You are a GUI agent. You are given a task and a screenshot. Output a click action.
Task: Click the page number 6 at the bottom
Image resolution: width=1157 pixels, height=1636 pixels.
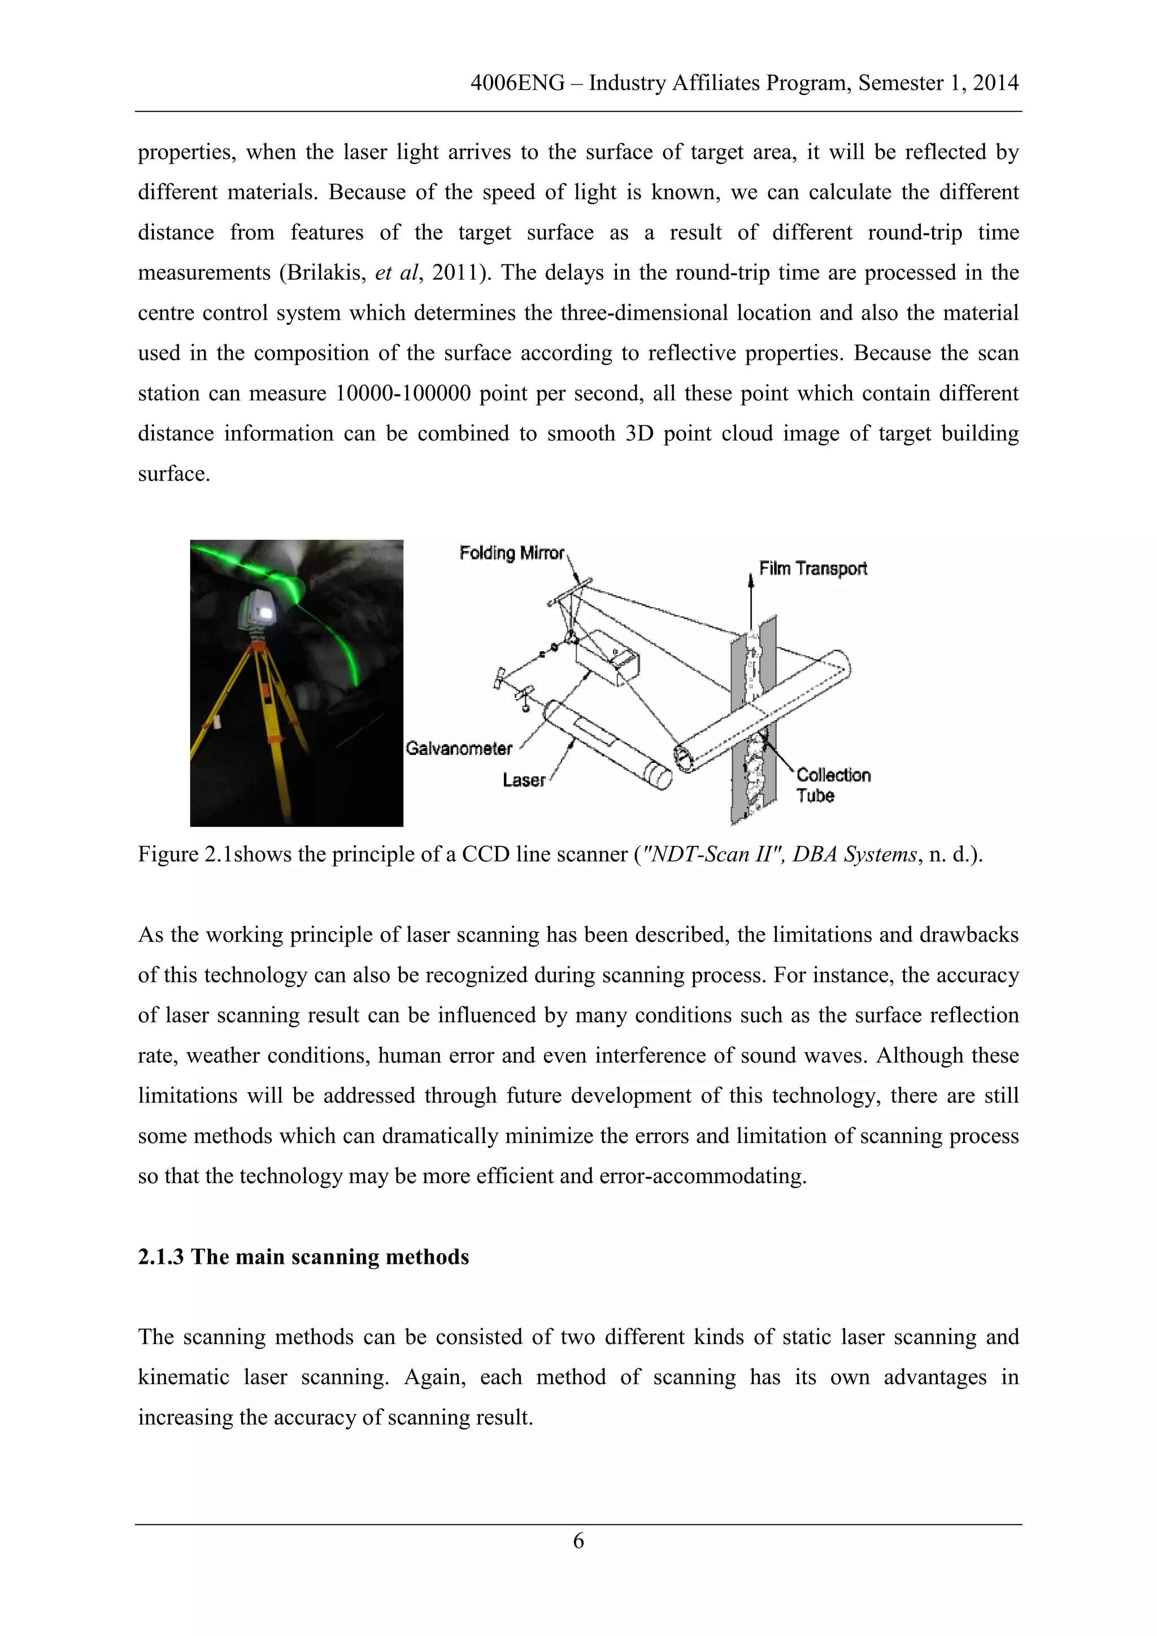click(x=578, y=1541)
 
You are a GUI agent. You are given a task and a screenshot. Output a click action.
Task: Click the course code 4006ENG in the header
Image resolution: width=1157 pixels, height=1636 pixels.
click(x=517, y=84)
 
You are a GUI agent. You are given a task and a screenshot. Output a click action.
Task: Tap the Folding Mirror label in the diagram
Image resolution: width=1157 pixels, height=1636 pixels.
click(x=511, y=553)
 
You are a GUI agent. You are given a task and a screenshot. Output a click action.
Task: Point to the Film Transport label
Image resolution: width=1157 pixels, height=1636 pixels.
click(x=813, y=569)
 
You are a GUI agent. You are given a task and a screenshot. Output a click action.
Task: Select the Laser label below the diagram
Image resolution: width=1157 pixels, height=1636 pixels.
click(x=523, y=780)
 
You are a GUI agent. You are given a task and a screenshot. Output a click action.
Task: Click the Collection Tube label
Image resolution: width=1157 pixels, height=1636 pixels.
click(x=832, y=784)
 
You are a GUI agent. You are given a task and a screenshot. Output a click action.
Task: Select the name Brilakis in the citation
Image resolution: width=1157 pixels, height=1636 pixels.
click(x=325, y=273)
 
